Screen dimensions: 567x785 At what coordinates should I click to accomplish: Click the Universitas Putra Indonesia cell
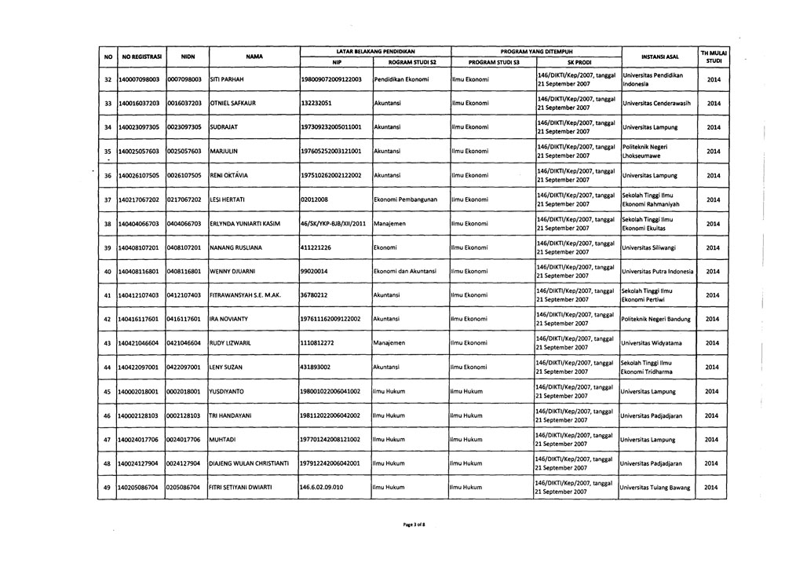coord(657,272)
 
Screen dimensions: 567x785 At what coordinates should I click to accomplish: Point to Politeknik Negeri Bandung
coord(657,320)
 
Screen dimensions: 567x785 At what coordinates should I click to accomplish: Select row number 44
coord(105,368)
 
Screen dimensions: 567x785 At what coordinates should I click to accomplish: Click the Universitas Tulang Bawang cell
coord(656,488)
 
